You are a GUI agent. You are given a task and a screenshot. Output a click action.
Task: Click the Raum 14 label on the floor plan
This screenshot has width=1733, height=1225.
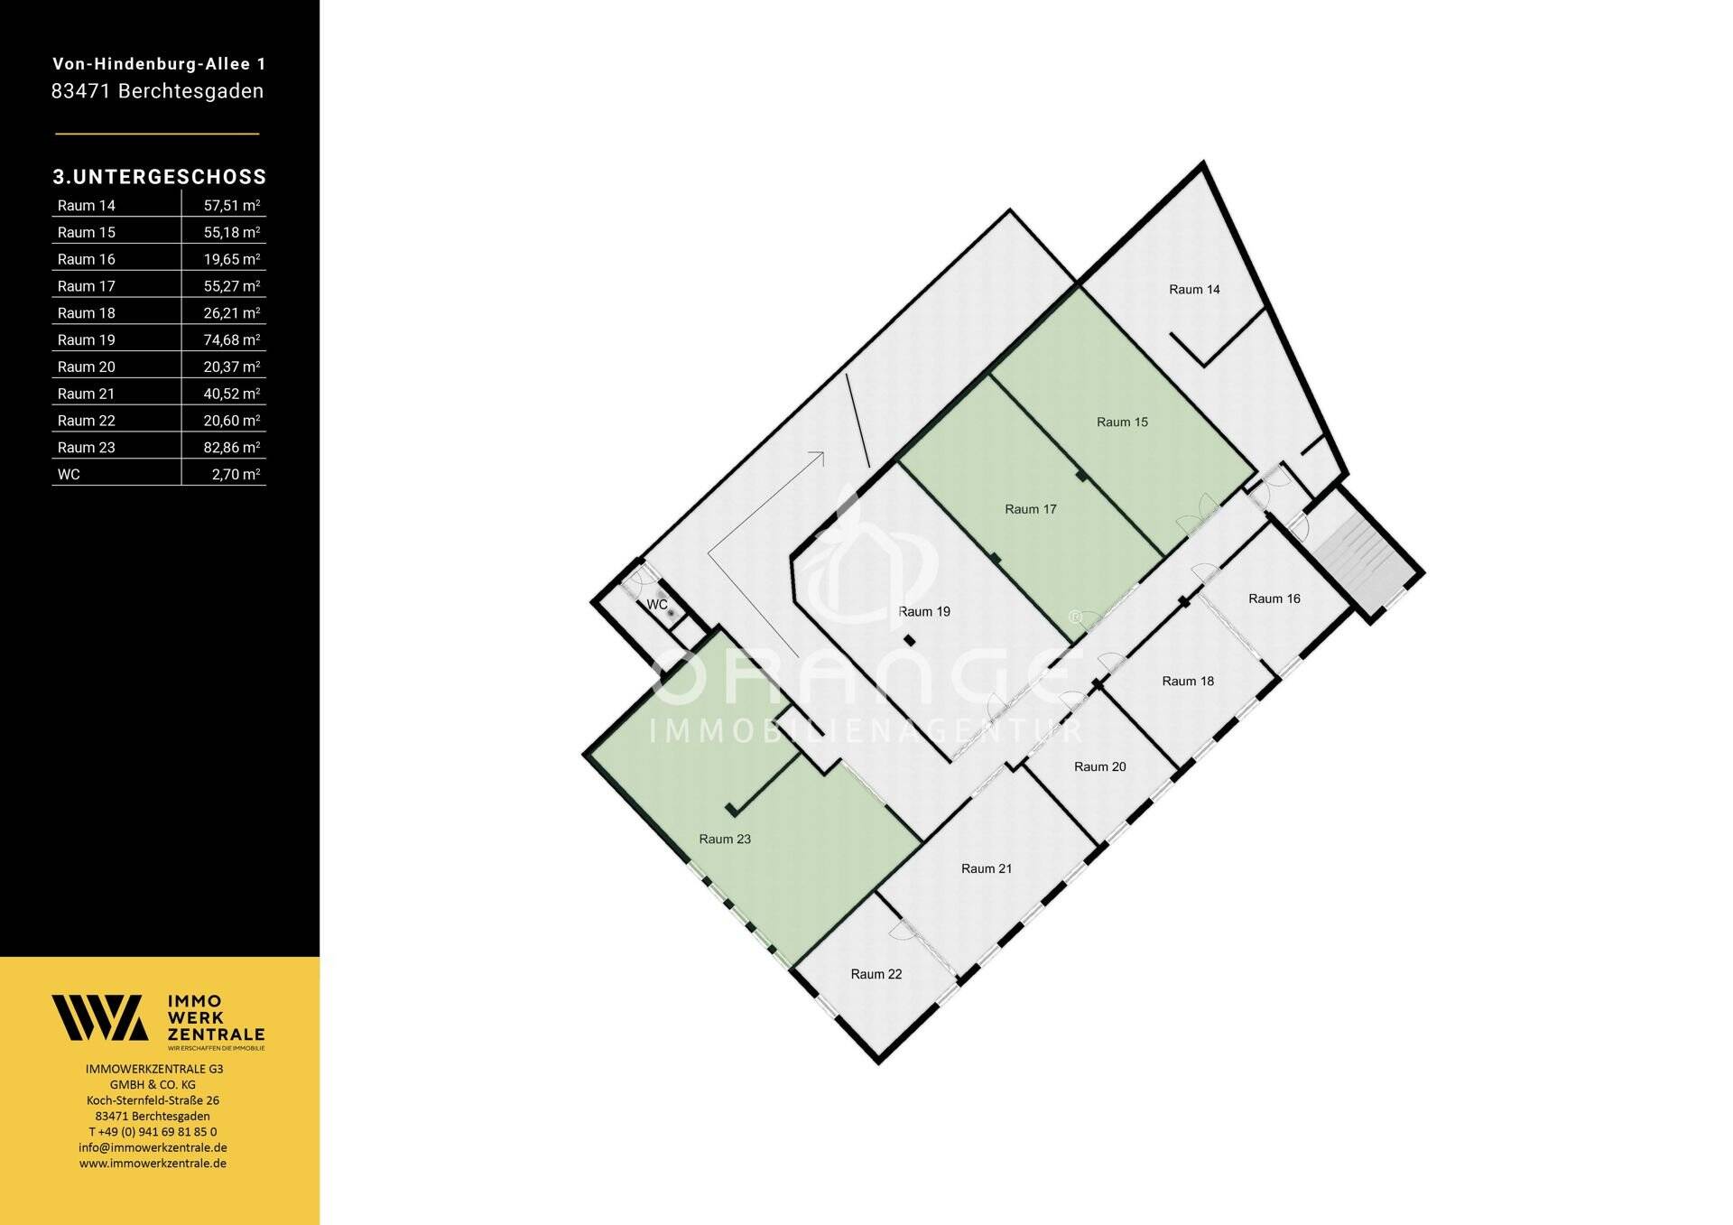pyautogui.click(x=1194, y=290)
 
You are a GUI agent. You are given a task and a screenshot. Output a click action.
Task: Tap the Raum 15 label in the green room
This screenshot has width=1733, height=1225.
pyautogui.click(x=1122, y=422)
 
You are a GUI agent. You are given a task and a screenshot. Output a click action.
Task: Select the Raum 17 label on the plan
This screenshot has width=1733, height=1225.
pyautogui.click(x=1030, y=510)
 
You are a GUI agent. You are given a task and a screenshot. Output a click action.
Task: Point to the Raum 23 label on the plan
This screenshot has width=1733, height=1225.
pyautogui.click(x=725, y=840)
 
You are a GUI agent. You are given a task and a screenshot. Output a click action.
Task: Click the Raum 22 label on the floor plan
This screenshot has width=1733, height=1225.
pyautogui.click(x=876, y=975)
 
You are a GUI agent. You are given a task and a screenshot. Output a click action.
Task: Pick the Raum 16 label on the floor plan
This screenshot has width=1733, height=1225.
pyautogui.click(x=1274, y=599)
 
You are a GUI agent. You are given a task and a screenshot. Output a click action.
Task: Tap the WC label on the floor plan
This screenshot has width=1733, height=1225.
pyautogui.click(x=657, y=605)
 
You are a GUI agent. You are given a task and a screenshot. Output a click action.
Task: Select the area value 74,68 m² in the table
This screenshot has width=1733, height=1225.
pyautogui.click(x=232, y=340)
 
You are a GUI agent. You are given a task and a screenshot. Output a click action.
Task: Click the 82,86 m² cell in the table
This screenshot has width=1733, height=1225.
pyautogui.click(x=232, y=448)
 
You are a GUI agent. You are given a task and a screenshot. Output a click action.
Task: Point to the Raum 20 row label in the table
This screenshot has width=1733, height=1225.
pyautogui.click(x=87, y=367)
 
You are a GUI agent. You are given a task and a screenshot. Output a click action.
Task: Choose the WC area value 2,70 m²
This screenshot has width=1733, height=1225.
pyautogui.click(x=236, y=475)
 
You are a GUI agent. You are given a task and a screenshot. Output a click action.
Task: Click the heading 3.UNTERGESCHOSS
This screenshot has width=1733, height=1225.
pyautogui.click(x=160, y=177)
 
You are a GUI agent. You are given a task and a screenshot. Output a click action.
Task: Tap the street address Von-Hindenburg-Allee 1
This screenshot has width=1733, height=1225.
pyautogui.click(x=159, y=64)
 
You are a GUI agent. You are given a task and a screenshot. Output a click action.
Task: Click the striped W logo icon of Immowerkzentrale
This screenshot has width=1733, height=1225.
pyautogui.click(x=99, y=1018)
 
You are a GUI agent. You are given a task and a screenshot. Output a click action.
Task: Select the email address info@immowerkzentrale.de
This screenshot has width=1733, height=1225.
pyautogui.click(x=153, y=1148)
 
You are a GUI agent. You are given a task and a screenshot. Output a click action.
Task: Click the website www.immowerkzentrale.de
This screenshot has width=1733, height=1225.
pyautogui.click(x=153, y=1164)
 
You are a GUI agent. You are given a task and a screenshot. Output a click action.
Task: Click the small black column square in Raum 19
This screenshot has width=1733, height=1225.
pyautogui.click(x=910, y=641)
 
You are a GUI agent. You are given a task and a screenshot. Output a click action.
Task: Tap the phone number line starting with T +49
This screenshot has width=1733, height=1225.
pyautogui.click(x=153, y=1132)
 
